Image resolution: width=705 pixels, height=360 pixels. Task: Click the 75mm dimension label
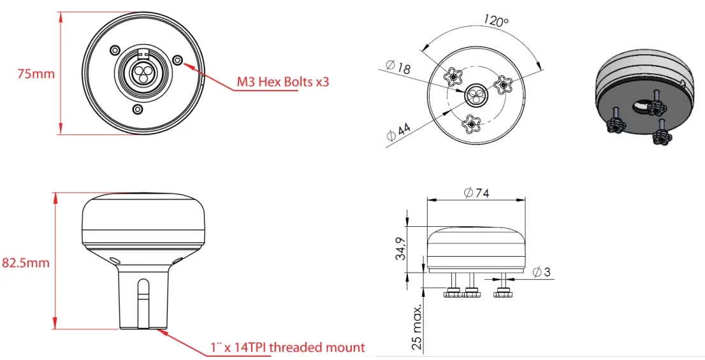pos(36,73)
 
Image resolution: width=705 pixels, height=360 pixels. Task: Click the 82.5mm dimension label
pos(25,262)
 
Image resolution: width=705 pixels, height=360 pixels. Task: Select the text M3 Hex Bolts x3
pos(283,82)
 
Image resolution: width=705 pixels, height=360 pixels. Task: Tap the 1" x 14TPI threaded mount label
pos(287,347)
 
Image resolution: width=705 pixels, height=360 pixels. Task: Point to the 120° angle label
pos(496,21)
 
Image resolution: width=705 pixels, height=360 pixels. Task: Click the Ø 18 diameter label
pos(398,67)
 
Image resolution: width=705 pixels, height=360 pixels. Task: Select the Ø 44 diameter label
pos(399,131)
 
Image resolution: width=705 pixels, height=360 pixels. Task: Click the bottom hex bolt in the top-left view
pos(137,110)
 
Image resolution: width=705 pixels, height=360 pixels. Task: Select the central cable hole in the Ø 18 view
pos(475,95)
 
